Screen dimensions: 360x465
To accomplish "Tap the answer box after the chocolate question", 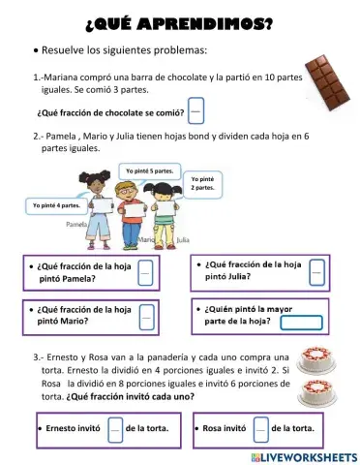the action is click(x=196, y=110).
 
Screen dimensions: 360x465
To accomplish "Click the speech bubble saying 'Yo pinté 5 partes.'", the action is click(x=151, y=171).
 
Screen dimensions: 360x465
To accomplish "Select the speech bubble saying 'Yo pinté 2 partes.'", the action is click(x=203, y=182).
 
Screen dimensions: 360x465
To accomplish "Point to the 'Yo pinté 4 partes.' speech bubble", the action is click(x=55, y=205).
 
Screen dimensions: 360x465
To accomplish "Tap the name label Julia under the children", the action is click(x=184, y=236).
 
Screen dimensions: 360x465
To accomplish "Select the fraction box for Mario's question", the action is click(x=147, y=316).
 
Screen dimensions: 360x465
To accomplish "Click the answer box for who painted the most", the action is click(x=301, y=323).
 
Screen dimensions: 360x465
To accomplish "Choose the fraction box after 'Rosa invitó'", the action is click(x=260, y=427).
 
